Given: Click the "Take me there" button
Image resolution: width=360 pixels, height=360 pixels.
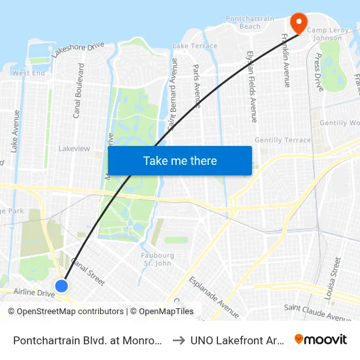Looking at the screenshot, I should click(180, 161).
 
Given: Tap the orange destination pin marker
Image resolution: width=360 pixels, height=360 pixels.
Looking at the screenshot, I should click(298, 23).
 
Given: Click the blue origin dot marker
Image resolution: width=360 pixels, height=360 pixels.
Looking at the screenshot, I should click(62, 286).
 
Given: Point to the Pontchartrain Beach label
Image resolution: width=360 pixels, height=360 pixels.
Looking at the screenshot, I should click(243, 22).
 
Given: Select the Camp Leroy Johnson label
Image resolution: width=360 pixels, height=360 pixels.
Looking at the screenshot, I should click(325, 34).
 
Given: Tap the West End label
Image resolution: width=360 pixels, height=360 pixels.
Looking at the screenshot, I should click(29, 73).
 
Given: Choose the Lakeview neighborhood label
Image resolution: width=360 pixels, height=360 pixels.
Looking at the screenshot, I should click(74, 149).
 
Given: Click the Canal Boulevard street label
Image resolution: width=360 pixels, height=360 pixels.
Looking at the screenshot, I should click(77, 91).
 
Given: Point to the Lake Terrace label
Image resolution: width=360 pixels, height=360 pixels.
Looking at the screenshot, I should click(194, 46).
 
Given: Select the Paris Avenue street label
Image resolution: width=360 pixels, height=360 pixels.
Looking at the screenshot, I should click(196, 86).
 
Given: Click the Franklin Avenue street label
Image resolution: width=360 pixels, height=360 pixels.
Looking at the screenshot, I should click(285, 60).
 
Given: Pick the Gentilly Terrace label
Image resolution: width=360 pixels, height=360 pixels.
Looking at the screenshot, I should click(283, 140).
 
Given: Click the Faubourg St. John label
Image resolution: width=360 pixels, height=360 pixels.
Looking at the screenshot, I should click(157, 259).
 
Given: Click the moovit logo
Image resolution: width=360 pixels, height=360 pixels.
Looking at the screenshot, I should click(320, 339).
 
